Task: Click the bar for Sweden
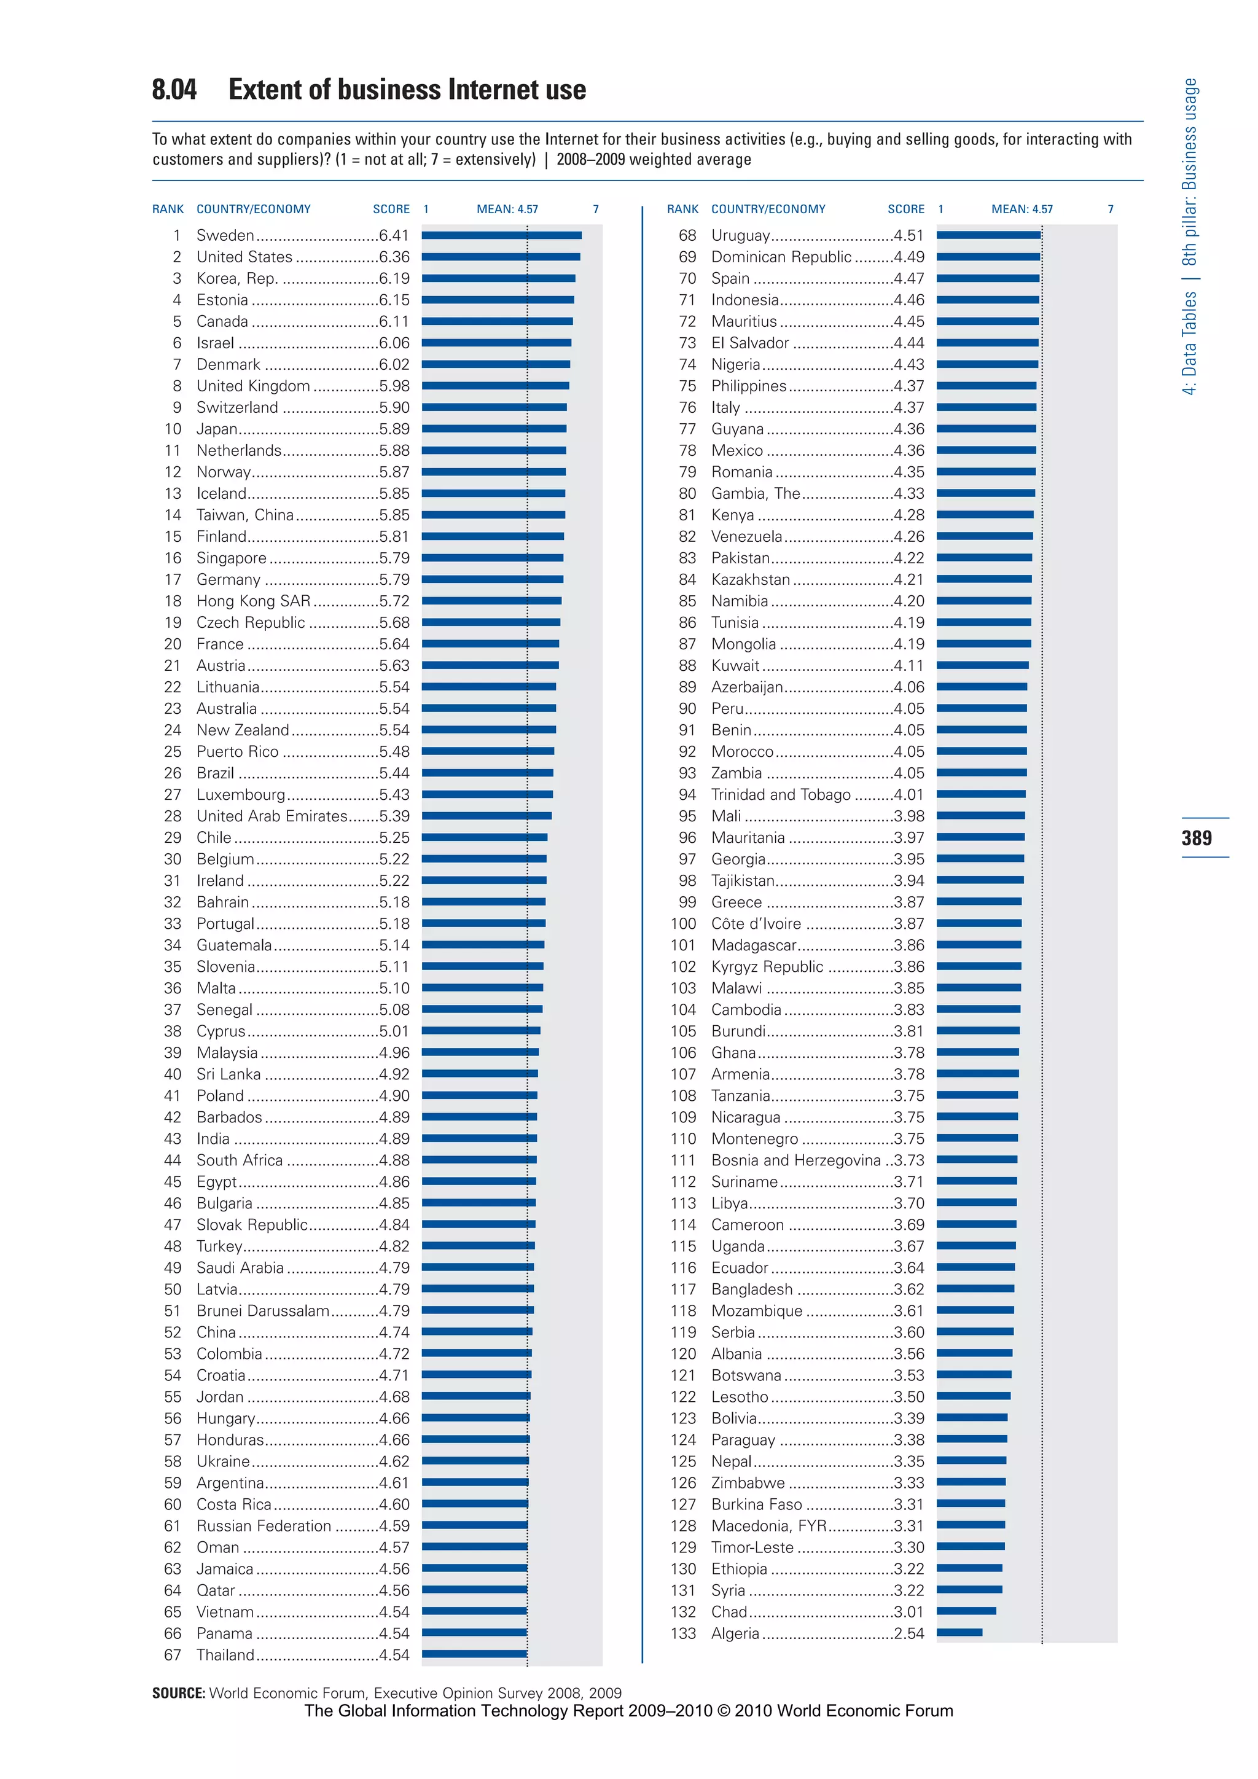tap(501, 235)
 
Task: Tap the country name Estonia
tap(222, 300)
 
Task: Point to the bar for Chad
tap(966, 1612)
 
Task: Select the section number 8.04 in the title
tap(174, 90)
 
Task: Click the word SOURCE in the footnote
tap(178, 1693)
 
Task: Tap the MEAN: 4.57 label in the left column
tap(507, 209)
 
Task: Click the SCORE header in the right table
tap(905, 209)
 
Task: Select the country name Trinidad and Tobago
tap(781, 794)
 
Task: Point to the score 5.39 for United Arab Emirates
tap(394, 816)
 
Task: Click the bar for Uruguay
tap(988, 235)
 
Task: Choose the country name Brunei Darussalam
tap(263, 1311)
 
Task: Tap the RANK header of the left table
tap(168, 209)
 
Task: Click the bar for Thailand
tap(474, 1654)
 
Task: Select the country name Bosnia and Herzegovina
tap(795, 1160)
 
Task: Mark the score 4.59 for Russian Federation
tap(394, 1526)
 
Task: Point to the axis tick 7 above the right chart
tap(1110, 209)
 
